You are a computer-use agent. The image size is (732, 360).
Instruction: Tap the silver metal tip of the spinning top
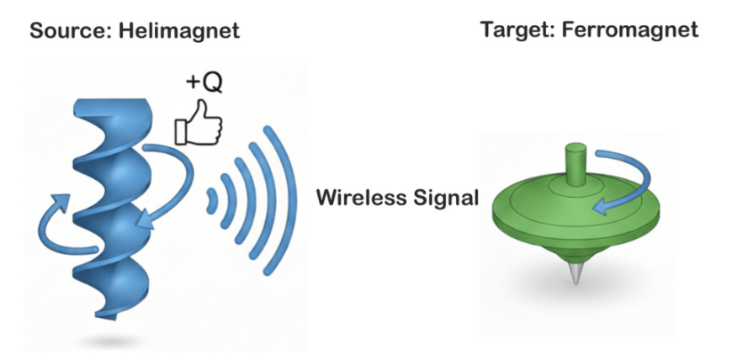pos(574,274)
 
